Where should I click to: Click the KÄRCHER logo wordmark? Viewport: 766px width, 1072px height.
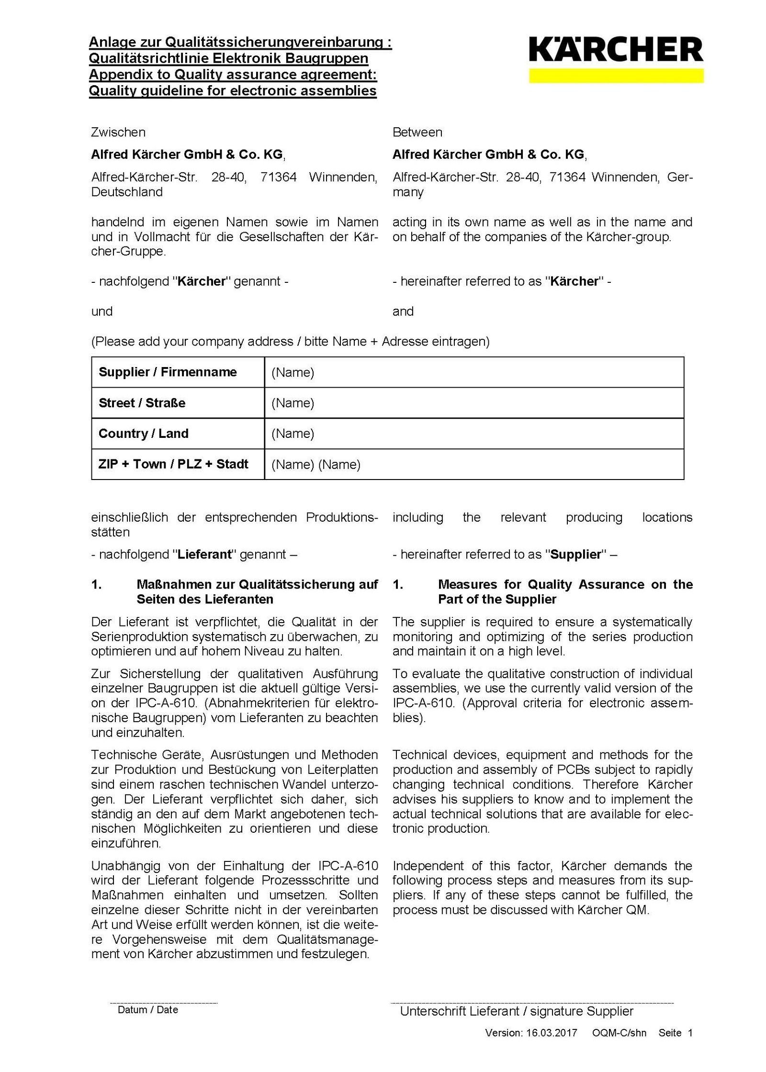tap(616, 50)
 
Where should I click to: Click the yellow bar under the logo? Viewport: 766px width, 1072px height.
tap(616, 76)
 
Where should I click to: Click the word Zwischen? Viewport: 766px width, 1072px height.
tap(118, 132)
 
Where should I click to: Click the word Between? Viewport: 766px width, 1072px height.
tap(417, 132)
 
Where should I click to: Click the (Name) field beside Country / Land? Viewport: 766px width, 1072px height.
tap(293, 434)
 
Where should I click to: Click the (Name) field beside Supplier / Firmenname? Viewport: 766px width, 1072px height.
tap(293, 372)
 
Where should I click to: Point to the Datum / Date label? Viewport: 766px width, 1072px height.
tap(148, 1010)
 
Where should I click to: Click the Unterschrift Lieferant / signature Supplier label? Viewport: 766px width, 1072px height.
tap(517, 1011)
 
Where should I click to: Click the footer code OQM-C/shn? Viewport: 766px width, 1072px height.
tap(619, 1033)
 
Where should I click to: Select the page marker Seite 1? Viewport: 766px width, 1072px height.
tap(675, 1033)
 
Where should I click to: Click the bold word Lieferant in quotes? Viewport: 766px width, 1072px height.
tap(204, 555)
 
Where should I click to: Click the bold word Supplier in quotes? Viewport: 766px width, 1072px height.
tap(575, 555)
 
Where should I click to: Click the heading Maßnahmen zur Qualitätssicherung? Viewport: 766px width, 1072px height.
tap(257, 584)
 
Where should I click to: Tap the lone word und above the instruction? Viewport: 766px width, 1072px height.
tap(102, 312)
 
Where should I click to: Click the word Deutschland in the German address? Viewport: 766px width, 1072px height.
tap(127, 192)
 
